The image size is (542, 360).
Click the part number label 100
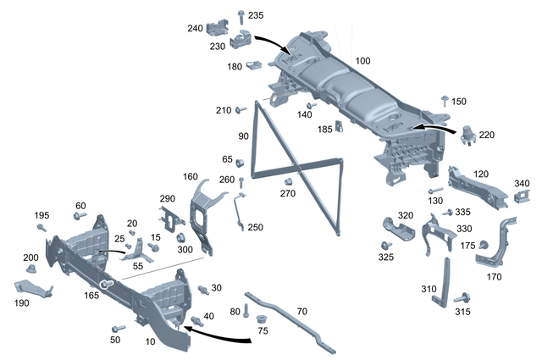tap(363, 62)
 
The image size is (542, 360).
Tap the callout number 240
tap(196, 28)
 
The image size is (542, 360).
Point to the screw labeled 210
tap(241, 110)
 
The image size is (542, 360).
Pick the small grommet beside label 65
tap(240, 161)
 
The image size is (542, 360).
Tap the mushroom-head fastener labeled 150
tap(444, 101)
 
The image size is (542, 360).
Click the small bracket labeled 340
tap(521, 197)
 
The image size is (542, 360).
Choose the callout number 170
tap(495, 276)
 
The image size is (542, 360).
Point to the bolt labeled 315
tap(462, 299)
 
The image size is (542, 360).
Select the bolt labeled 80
tap(246, 311)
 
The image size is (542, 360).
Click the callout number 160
tap(191, 177)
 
